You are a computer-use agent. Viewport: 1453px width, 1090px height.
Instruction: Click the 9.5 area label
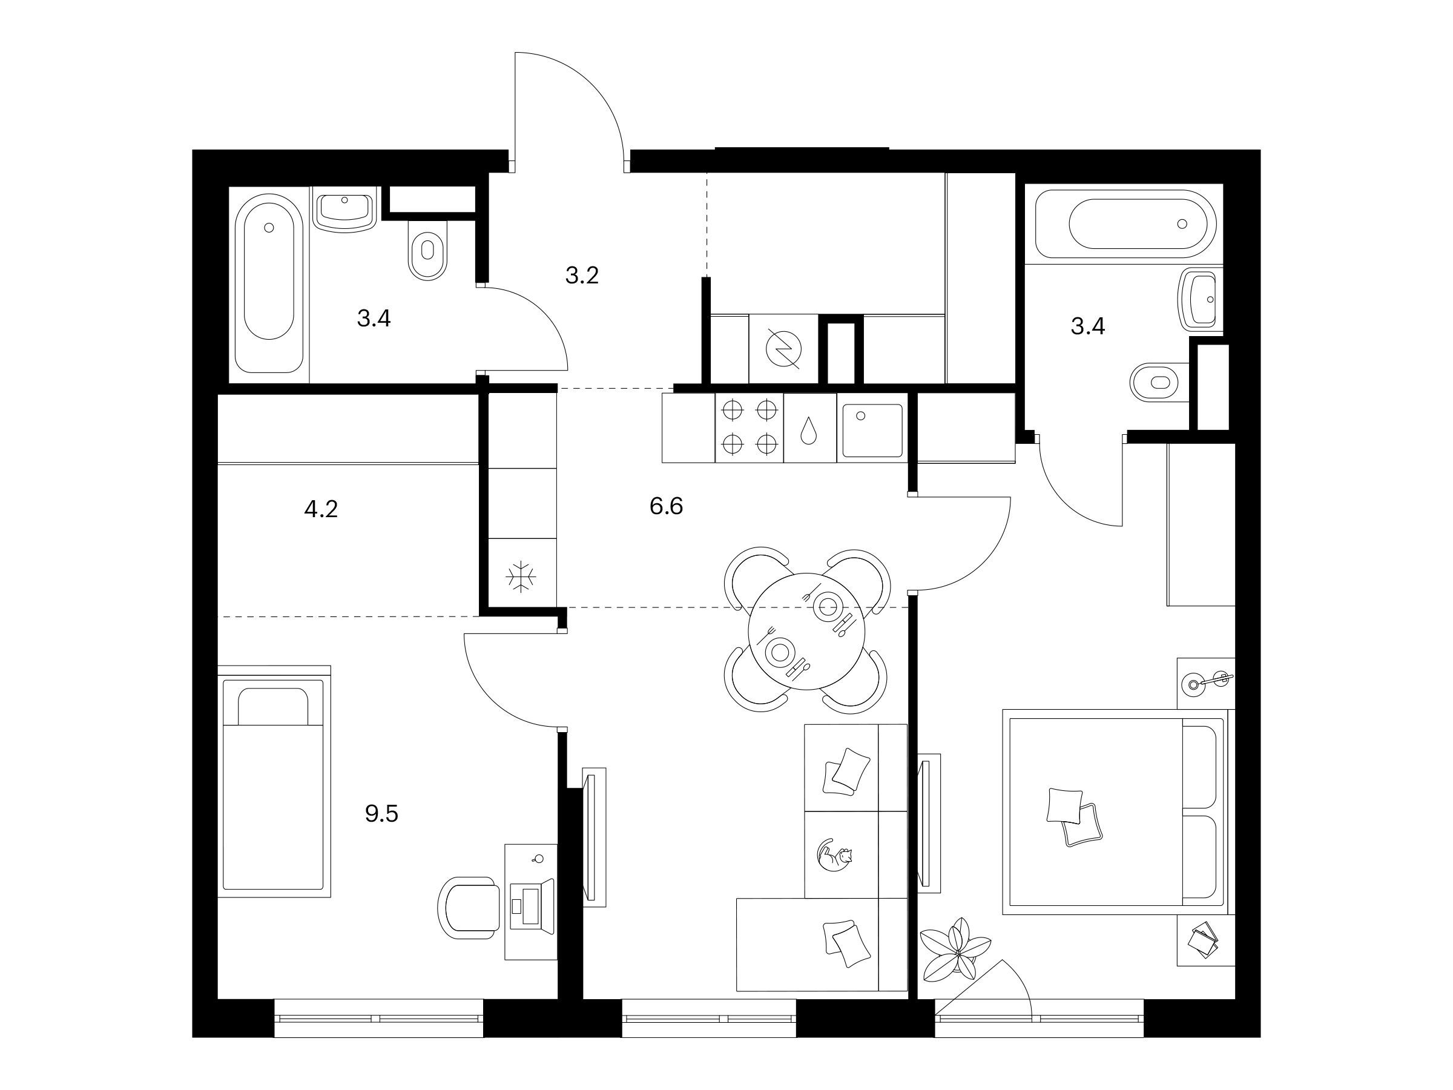pos(381,814)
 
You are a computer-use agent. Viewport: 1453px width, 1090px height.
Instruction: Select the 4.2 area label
pos(321,509)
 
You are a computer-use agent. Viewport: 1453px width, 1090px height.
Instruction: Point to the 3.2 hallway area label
pos(582,276)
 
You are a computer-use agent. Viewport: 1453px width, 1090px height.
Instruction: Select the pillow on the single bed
pos(272,706)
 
